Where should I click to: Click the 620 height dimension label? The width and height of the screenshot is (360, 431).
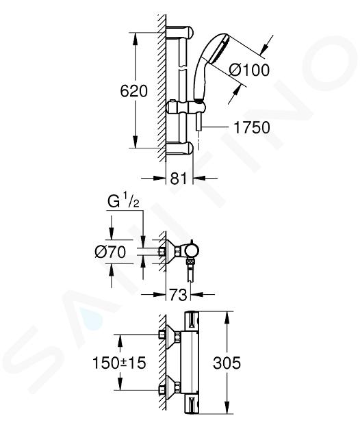[x=134, y=90]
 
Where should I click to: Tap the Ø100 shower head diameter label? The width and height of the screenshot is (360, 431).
[x=249, y=70]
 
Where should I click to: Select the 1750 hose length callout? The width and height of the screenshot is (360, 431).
[x=252, y=127]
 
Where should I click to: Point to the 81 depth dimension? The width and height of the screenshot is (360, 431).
[x=179, y=178]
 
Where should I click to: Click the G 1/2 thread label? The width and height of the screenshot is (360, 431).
[x=123, y=202]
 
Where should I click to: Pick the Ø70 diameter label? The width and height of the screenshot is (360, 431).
[x=110, y=252]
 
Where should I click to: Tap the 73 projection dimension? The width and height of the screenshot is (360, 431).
[x=178, y=294]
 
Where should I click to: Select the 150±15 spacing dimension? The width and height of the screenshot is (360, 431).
[x=119, y=363]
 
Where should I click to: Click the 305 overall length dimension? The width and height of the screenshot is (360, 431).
[x=227, y=363]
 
